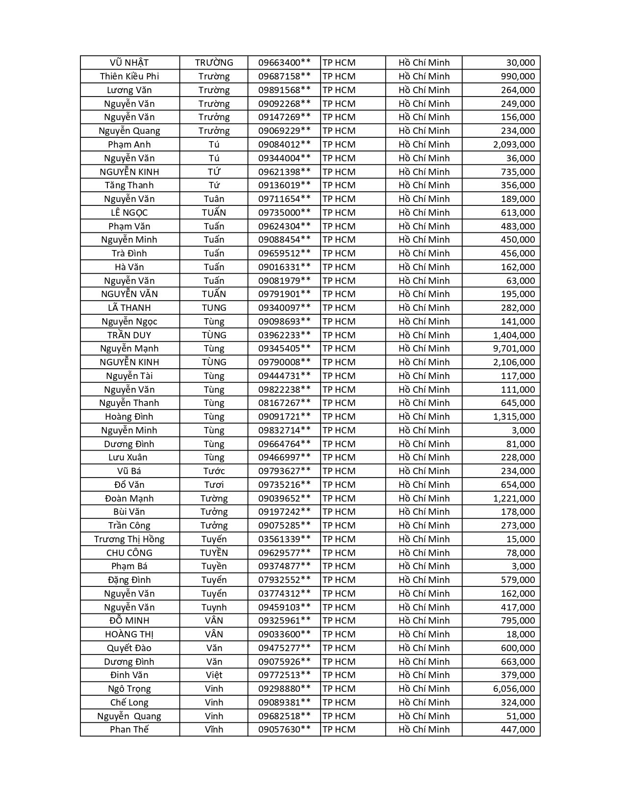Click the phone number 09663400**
284,63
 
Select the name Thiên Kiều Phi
129,76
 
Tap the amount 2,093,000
514,145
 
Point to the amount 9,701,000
514,349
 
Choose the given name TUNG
214,308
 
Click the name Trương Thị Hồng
129,539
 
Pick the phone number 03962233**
284,335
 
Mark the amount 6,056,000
514,689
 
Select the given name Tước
214,471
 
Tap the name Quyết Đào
129,648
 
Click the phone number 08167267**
284,403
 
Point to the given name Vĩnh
214,730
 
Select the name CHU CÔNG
129,553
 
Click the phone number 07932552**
284,580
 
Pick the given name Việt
214,675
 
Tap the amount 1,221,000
514,499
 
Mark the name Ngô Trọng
129,689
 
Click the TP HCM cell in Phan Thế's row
339,730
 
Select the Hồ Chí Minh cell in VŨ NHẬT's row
424,63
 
